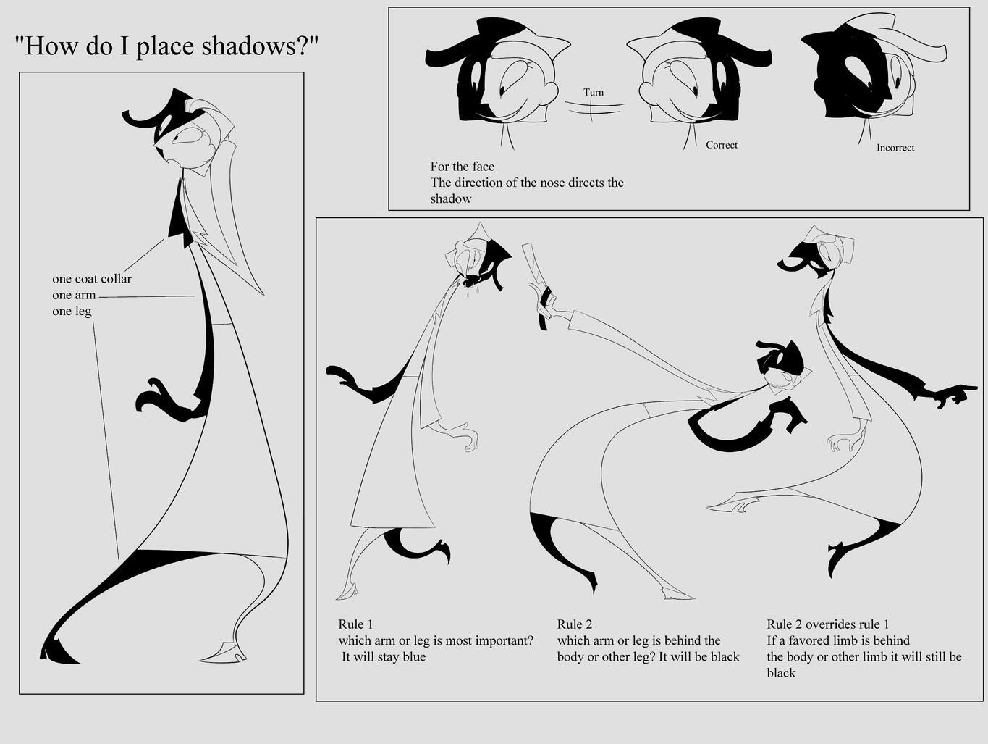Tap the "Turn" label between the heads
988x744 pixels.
point(594,92)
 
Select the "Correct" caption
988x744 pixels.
point(722,145)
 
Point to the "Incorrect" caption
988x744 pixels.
point(895,148)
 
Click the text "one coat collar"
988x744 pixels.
point(92,279)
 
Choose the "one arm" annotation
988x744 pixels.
point(74,295)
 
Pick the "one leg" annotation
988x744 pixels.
point(72,312)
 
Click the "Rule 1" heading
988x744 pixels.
point(355,624)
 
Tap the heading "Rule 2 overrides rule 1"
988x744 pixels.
point(828,624)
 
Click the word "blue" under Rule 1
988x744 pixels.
point(414,656)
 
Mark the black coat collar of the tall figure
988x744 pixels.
point(179,216)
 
